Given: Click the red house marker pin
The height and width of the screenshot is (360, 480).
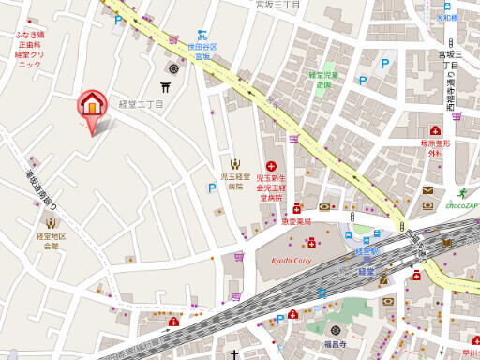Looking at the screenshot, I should click(92, 105).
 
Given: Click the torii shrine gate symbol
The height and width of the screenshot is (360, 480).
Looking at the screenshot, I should click(167, 88).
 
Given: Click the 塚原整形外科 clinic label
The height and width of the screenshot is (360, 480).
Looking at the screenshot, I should click(435, 148).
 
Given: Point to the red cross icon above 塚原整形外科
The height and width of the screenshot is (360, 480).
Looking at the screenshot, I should click(435, 130).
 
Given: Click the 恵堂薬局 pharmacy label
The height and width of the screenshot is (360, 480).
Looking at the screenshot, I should click(295, 221).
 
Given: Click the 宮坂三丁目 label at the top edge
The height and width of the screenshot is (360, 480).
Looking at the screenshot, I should click(277, 6).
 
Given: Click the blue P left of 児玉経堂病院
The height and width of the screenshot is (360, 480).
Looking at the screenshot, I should click(212, 187).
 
